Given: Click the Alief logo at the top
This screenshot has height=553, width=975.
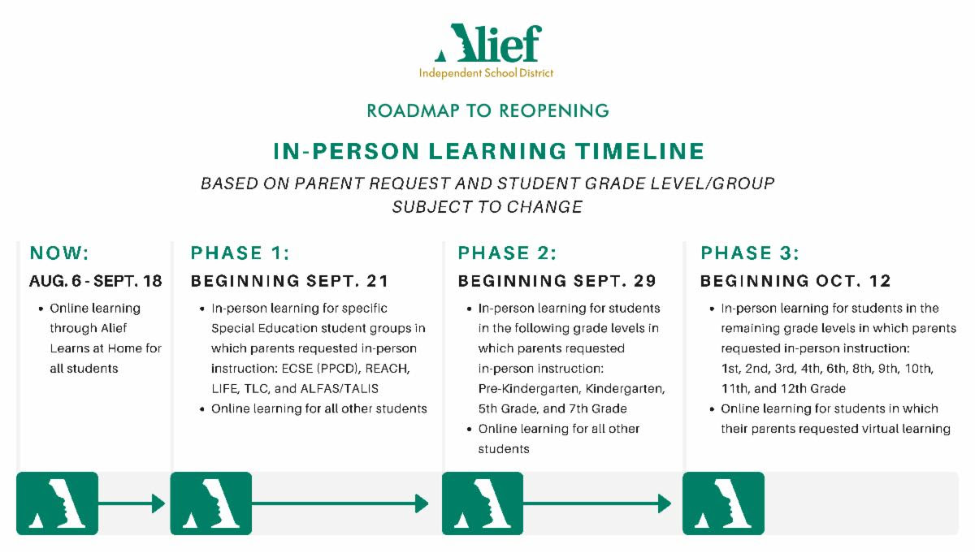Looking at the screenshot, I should click(x=487, y=50).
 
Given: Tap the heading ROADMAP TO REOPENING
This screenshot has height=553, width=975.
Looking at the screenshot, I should click(x=487, y=110).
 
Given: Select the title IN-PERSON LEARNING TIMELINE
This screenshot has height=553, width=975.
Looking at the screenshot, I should click(x=487, y=151).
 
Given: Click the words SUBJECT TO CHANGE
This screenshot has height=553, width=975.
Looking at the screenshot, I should click(x=487, y=207).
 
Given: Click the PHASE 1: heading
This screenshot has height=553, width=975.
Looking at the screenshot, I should click(x=240, y=253).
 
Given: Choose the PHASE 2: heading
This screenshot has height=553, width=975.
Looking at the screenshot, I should click(x=507, y=253).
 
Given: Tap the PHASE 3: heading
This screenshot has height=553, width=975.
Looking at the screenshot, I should click(x=750, y=253).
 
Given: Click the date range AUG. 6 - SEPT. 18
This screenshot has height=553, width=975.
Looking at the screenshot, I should click(x=96, y=282).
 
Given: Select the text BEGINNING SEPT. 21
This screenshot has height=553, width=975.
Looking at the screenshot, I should click(x=290, y=282).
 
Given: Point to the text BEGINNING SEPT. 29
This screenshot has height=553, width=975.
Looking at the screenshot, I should click(x=557, y=282).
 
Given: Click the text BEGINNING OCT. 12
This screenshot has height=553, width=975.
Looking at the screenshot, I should click(x=796, y=282).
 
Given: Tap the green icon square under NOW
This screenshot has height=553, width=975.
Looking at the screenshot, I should click(x=57, y=503).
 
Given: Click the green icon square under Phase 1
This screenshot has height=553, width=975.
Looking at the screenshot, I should click(x=210, y=503).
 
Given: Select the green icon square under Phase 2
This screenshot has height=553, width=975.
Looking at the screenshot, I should click(x=483, y=503).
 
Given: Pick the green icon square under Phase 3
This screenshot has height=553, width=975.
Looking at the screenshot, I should click(x=723, y=503).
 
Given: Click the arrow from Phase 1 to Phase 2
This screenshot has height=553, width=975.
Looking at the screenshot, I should click(x=341, y=503).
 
